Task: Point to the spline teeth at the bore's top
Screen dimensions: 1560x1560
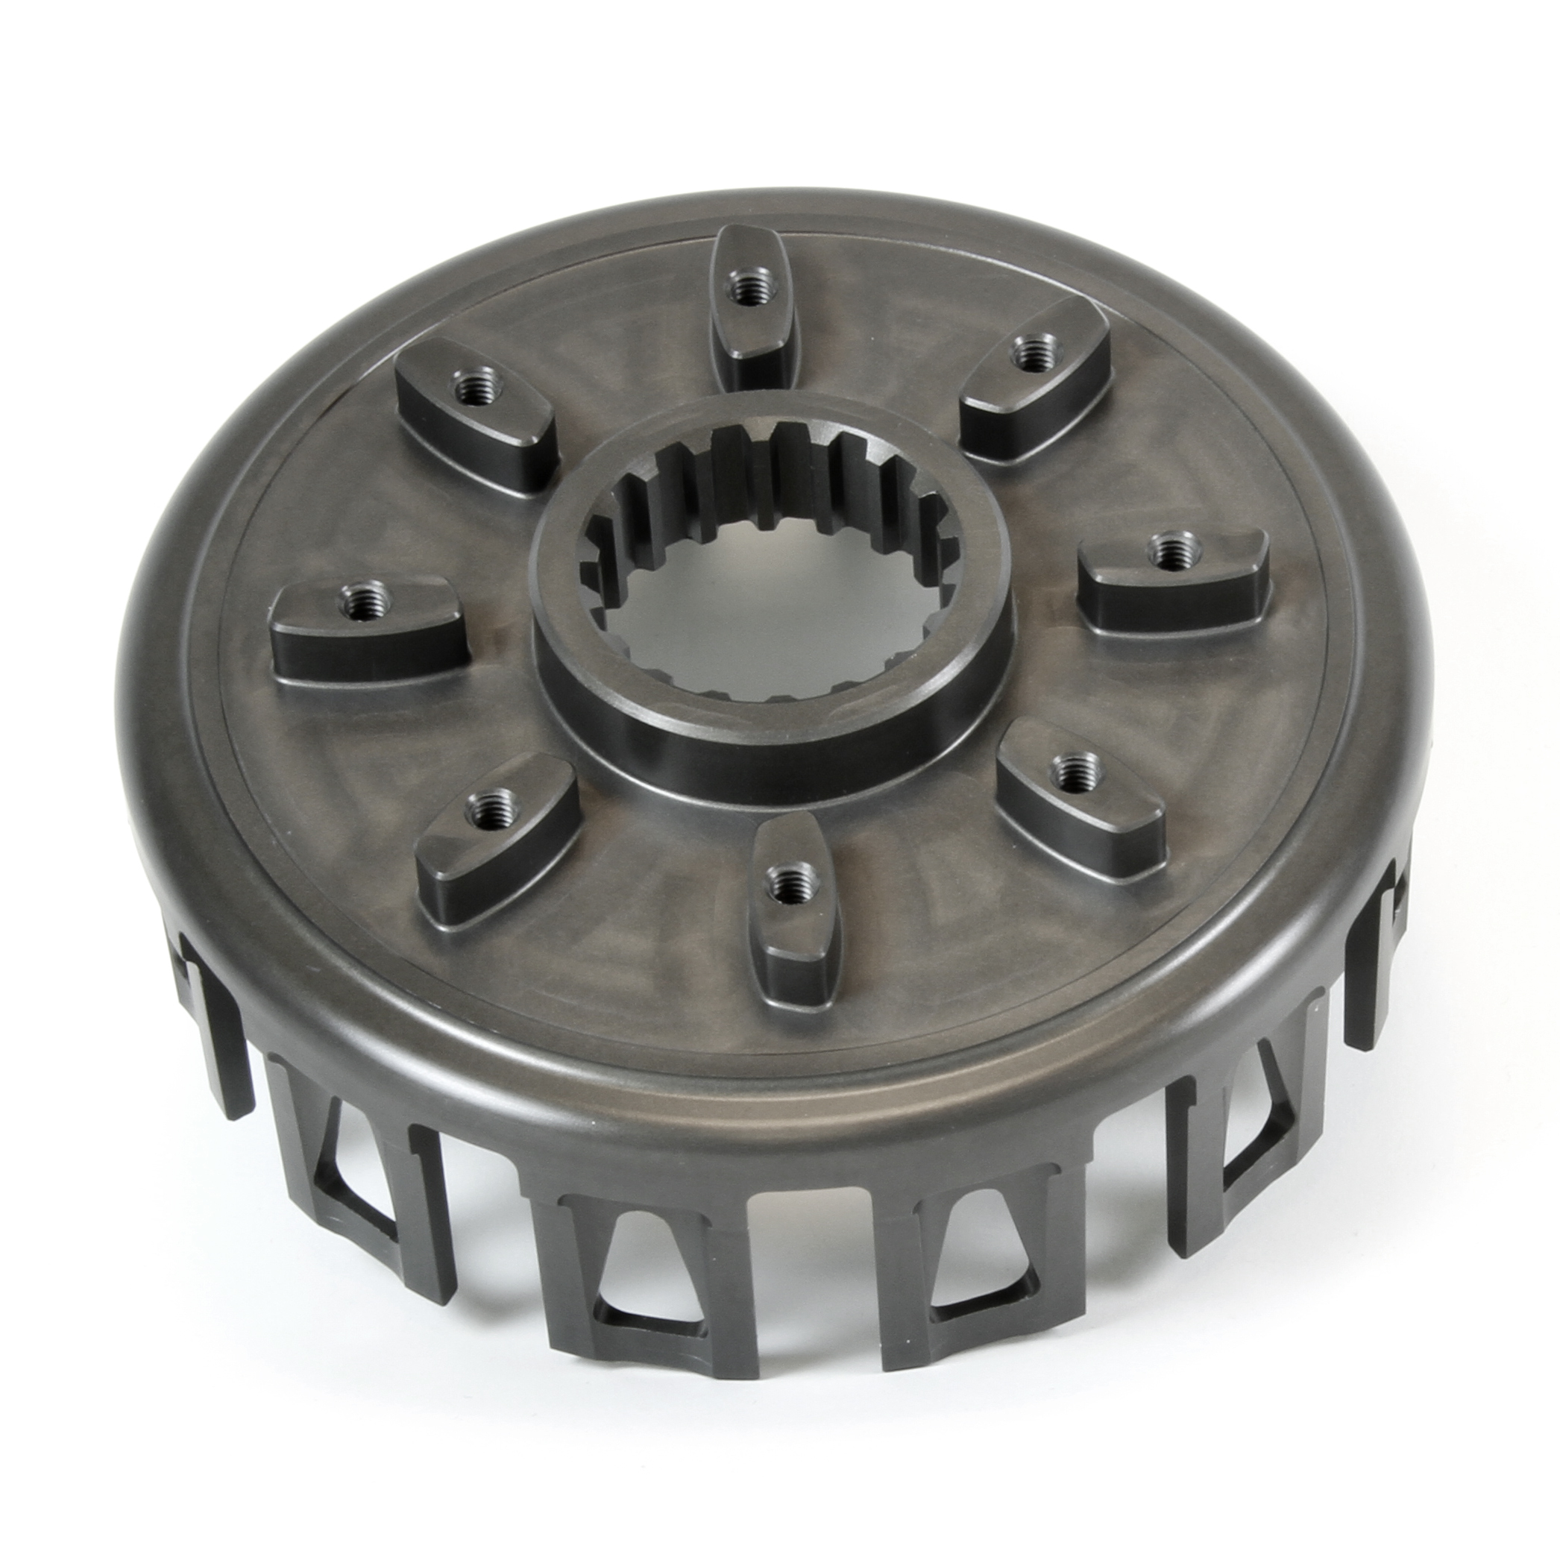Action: coord(776,468)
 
